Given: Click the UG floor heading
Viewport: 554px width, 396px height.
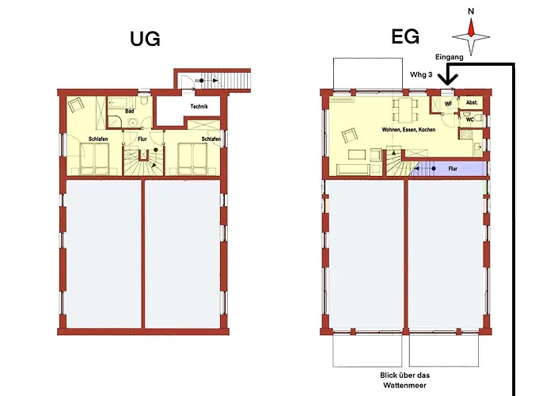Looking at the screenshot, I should [x=146, y=38].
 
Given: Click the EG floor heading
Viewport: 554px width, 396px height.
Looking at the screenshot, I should [x=405, y=36].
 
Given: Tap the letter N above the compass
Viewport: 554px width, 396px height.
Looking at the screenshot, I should [x=471, y=11].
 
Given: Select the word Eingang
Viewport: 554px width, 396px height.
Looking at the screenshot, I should [x=450, y=58].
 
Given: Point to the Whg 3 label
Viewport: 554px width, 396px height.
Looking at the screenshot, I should [x=421, y=74].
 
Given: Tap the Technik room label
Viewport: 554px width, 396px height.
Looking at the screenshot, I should [x=199, y=106].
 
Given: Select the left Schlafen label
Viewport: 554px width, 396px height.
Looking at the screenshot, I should [x=98, y=139].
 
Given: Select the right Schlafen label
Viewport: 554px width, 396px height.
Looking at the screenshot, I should [x=211, y=139].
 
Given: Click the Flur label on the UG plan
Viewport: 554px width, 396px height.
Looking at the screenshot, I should [x=142, y=139].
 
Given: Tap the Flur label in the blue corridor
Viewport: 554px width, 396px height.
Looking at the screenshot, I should [x=453, y=168].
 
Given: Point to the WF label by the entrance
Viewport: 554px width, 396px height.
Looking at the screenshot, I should [x=447, y=103].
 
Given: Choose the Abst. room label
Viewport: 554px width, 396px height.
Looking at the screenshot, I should [x=472, y=103].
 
